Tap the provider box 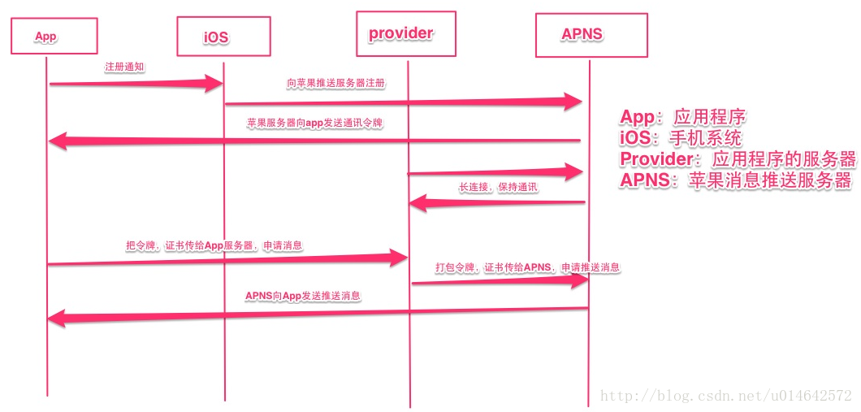[405, 34]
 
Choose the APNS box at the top [591, 34]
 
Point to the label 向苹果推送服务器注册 [335, 83]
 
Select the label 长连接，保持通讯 [498, 187]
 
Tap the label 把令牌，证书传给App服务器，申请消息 [214, 244]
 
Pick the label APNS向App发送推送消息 [303, 296]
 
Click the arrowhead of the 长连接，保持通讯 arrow [417, 203]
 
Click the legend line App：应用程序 [682, 118]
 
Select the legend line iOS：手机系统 [681, 138]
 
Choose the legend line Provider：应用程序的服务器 [738, 158]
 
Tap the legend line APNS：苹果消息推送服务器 [735, 180]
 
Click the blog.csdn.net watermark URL [725, 396]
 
